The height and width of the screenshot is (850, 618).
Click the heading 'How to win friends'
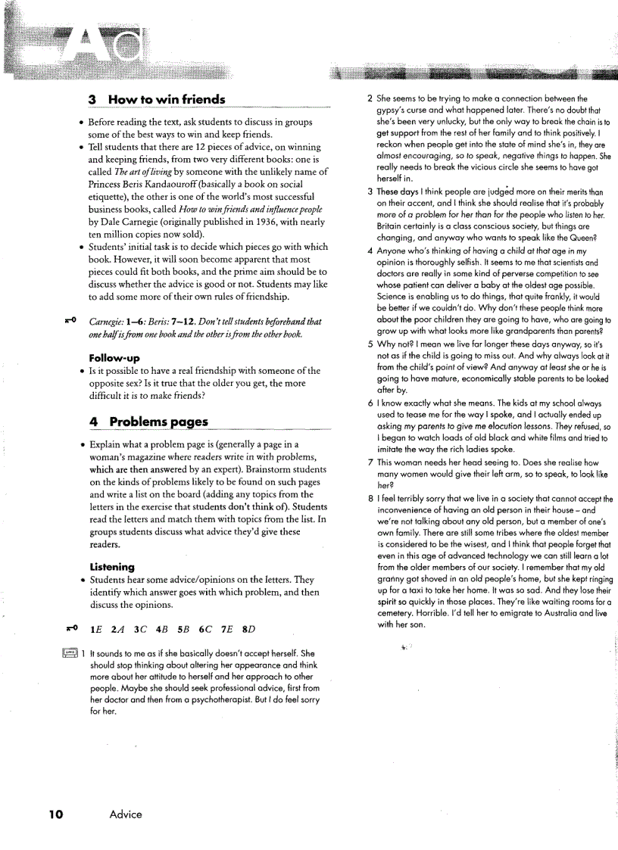(166, 100)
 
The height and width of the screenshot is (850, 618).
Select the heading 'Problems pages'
(158, 422)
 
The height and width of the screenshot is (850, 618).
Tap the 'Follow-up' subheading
(114, 357)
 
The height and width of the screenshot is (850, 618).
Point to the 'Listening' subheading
(112, 566)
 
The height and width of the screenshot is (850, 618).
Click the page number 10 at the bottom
(55, 814)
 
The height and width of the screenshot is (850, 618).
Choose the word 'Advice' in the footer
(126, 814)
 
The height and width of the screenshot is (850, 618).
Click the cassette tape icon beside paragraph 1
(70, 653)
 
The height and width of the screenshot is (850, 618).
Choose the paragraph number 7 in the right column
(370, 462)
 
